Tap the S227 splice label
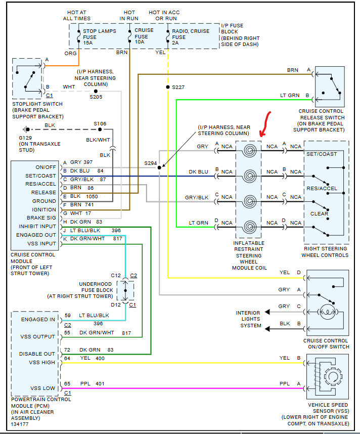point(178,88)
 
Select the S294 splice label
point(150,163)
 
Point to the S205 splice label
point(96,97)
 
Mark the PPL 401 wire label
point(92,384)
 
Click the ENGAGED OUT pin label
point(36,235)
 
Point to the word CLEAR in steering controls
point(320,213)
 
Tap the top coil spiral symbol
point(248,150)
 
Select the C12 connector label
point(116,276)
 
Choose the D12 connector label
point(116,305)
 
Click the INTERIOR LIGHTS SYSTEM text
point(248,319)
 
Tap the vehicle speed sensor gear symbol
point(333,376)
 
